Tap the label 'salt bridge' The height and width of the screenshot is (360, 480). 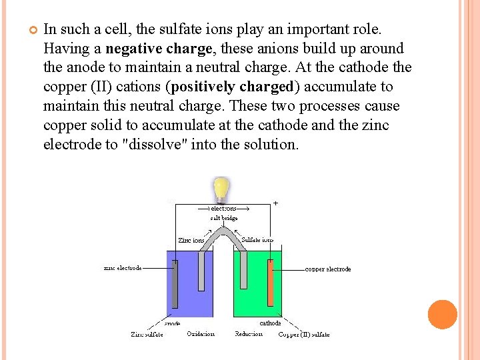pyautogui.click(x=223, y=217)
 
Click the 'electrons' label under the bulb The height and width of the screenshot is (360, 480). pyautogui.click(x=223, y=208)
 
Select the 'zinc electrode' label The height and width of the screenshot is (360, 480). pyautogui.click(x=123, y=268)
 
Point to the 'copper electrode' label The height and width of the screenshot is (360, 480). pyautogui.click(x=328, y=269)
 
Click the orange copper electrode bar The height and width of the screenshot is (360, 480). pyautogui.click(x=270, y=284)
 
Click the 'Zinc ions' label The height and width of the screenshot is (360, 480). pyautogui.click(x=191, y=240)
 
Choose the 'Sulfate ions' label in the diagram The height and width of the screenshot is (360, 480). pyautogui.click(x=257, y=240)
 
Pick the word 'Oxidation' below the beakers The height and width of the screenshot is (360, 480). pyautogui.click(x=201, y=334)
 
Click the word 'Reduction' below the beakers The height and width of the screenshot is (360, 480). pyautogui.click(x=249, y=334)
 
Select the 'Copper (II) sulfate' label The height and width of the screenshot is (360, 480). pyautogui.click(x=303, y=335)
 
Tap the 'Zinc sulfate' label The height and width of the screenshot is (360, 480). pyautogui.click(x=147, y=334)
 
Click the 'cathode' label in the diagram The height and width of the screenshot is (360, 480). pyautogui.click(x=270, y=323)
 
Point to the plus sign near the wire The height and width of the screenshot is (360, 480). pyautogui.click(x=276, y=202)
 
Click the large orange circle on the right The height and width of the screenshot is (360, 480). pyautogui.click(x=443, y=315)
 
